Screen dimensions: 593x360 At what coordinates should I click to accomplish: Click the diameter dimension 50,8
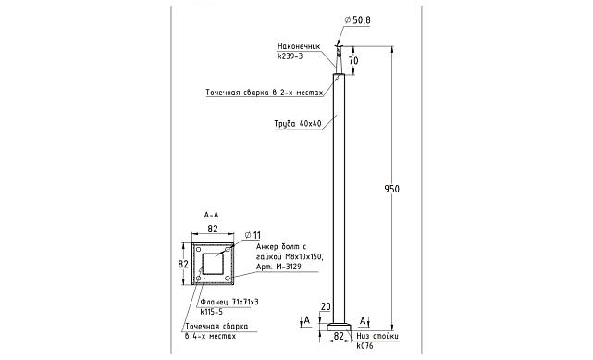357,20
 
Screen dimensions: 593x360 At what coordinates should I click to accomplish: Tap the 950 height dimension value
392,189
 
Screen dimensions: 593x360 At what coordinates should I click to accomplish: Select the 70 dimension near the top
354,60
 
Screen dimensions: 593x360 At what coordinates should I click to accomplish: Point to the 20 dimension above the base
326,306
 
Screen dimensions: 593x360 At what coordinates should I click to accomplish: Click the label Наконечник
299,46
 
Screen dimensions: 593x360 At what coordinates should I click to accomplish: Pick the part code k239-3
290,56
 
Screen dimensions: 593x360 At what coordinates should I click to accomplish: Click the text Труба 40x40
298,124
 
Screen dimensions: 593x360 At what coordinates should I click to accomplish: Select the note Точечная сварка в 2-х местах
265,93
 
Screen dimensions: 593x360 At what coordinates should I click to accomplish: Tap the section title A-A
212,216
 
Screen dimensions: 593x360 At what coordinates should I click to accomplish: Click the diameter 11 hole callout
253,235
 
